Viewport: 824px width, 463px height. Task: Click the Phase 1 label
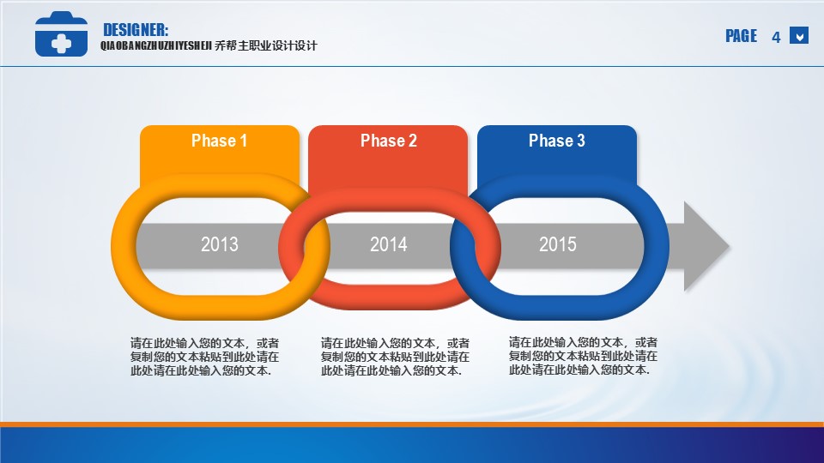(219, 141)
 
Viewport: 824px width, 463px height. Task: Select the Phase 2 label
(388, 141)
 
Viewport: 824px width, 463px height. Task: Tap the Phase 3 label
(556, 141)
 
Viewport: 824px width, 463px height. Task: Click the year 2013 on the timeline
(220, 244)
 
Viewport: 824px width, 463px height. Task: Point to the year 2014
(388, 244)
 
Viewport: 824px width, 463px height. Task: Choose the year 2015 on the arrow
(558, 244)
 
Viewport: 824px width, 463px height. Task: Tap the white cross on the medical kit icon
(62, 44)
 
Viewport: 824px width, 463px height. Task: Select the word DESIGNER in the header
(136, 30)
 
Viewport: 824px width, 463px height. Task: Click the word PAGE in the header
(741, 36)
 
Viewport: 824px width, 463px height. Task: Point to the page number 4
(776, 37)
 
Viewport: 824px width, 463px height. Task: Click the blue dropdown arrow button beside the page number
(799, 36)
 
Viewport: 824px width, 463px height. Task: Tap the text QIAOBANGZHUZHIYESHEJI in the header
(156, 46)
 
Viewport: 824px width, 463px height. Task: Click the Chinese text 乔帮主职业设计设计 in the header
(266, 45)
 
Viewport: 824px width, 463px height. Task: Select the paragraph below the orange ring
(204, 357)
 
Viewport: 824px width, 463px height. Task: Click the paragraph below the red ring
(395, 357)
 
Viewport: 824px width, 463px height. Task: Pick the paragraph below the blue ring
(583, 356)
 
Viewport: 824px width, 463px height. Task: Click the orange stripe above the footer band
(412, 424)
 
